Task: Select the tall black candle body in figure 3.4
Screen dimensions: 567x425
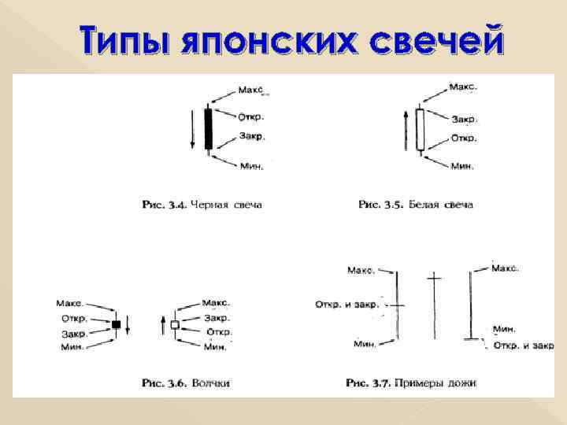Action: [209, 128]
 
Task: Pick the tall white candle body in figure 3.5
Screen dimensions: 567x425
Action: [420, 129]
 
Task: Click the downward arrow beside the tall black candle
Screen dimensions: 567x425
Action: [191, 130]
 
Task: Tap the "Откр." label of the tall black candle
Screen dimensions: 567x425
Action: [251, 116]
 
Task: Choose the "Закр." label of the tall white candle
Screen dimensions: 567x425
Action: [463, 119]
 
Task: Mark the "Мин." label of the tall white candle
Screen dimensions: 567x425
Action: [461, 166]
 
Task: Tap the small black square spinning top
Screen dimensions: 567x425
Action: [115, 324]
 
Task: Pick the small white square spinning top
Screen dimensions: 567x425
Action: [175, 324]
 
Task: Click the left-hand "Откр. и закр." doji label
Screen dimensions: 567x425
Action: [346, 304]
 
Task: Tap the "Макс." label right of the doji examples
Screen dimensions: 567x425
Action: [505, 268]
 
